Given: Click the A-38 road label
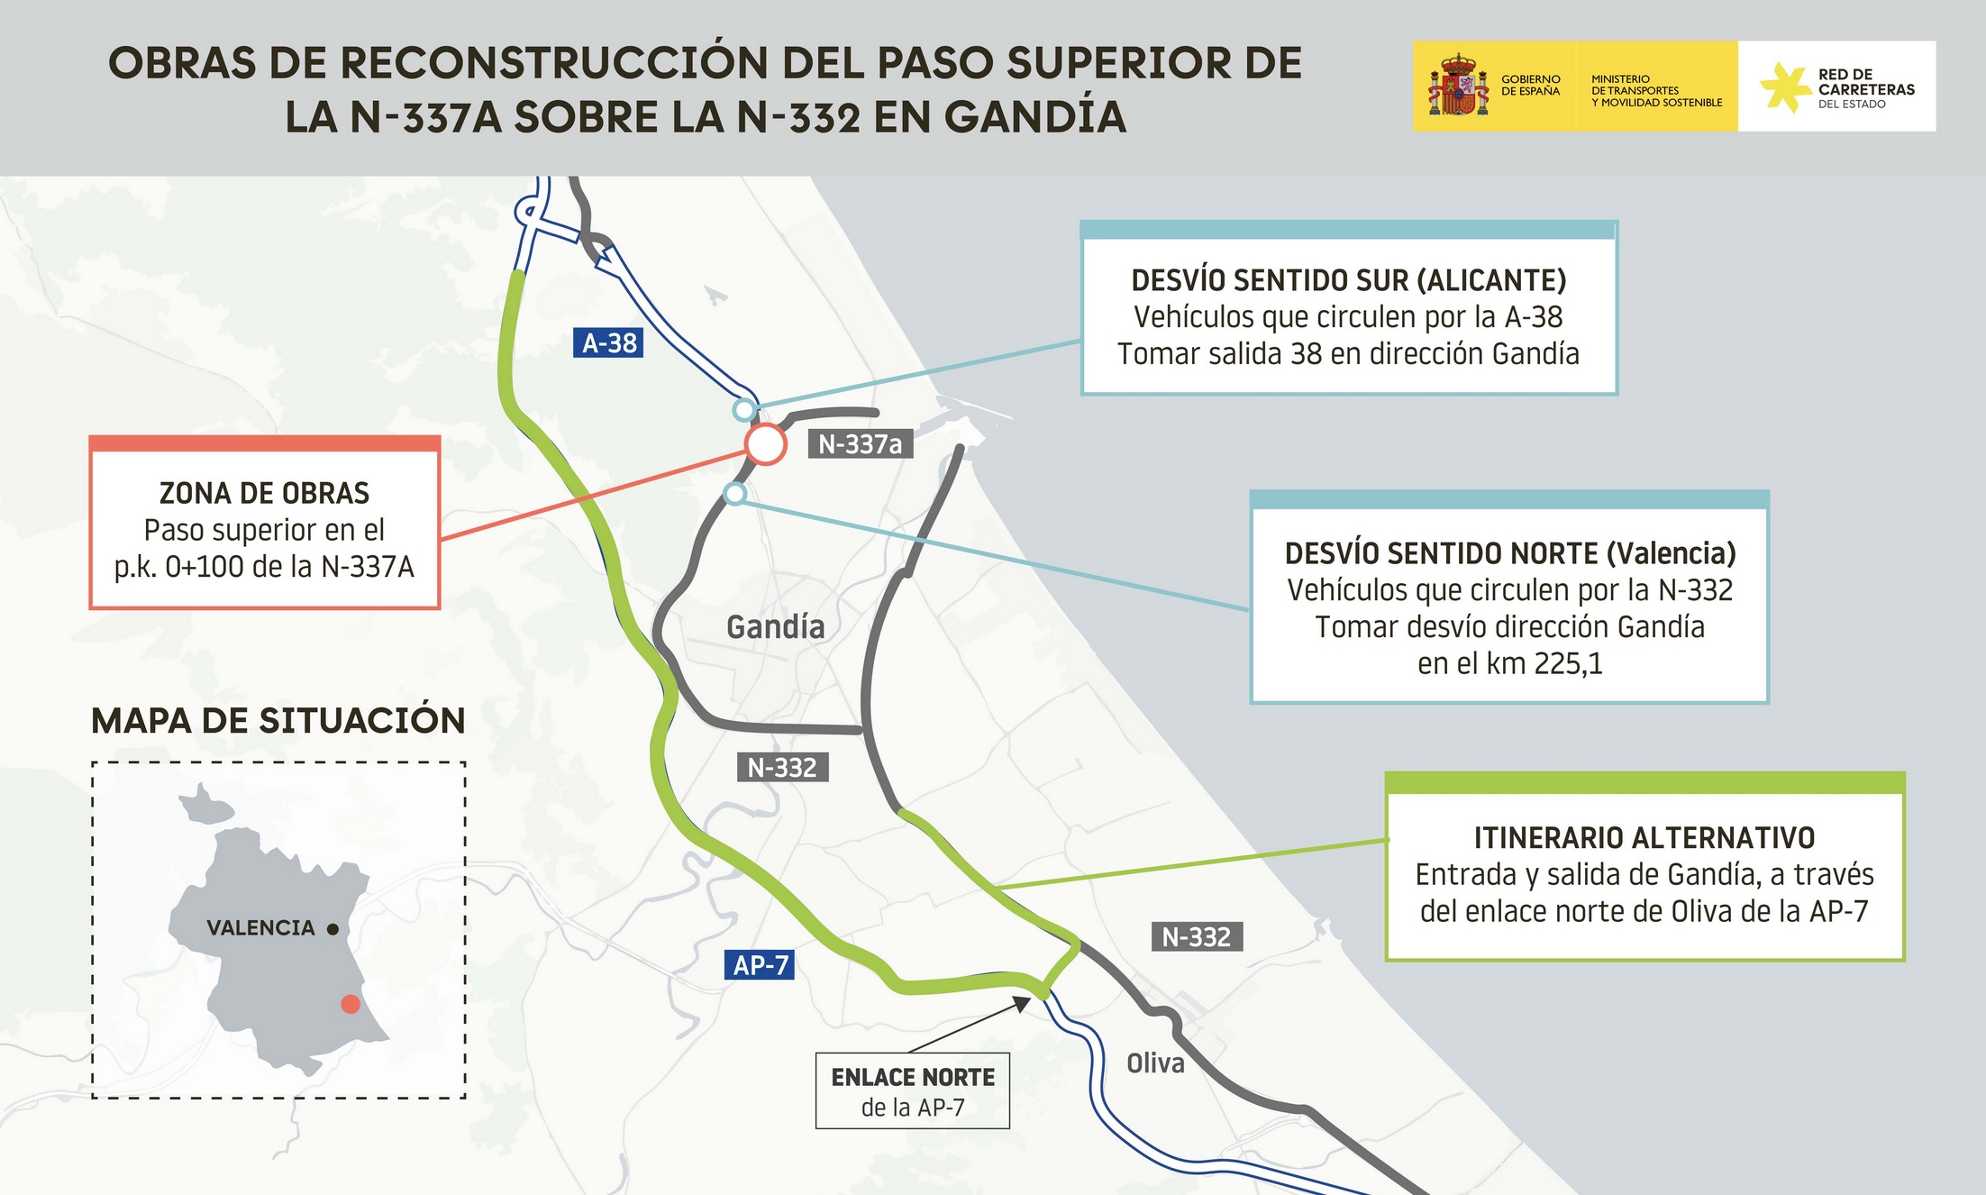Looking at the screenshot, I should [x=608, y=343].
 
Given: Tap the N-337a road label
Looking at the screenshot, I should [x=860, y=444].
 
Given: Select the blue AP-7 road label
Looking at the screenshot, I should [x=760, y=965].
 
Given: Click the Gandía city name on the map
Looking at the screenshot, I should [x=775, y=626].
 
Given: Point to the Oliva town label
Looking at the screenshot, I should [x=1155, y=1063].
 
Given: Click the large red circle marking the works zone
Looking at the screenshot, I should [x=765, y=443].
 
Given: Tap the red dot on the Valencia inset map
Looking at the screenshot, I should [x=351, y=1004].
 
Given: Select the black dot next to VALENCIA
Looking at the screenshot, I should [x=333, y=929].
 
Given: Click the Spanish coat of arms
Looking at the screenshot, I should [x=1457, y=87].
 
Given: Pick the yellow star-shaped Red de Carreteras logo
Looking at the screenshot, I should [x=1783, y=87].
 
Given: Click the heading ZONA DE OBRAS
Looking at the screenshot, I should [x=264, y=493].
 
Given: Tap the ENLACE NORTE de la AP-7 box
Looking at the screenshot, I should [x=912, y=1090].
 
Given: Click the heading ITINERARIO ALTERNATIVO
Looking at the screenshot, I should [x=1644, y=838].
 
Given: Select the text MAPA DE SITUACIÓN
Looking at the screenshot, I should [x=278, y=721].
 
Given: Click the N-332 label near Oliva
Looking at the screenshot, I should [x=1196, y=937].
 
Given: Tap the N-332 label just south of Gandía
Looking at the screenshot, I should [x=782, y=768].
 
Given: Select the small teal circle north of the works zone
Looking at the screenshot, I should [x=743, y=410].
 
